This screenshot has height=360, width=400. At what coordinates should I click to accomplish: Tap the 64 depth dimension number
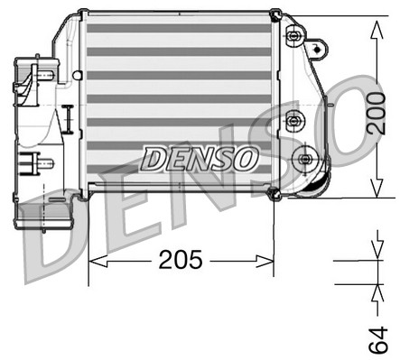coord(383,340)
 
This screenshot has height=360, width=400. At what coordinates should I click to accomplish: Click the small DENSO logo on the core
coord(199,159)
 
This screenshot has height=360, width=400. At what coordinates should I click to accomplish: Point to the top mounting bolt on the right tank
coord(294,36)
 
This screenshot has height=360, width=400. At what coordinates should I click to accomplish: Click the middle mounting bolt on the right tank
coord(294,120)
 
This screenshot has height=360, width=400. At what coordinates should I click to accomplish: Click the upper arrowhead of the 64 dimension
coord(375,252)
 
